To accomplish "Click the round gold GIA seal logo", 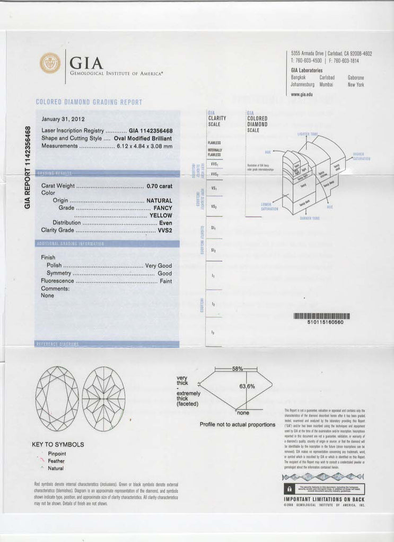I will (x=50, y=63).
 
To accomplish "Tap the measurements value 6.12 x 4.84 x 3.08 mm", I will (x=145, y=146).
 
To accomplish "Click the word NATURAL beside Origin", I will (x=159, y=201).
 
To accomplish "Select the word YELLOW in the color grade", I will (x=161, y=215).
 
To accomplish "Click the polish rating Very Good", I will (x=159, y=265).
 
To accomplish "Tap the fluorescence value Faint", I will (x=165, y=281).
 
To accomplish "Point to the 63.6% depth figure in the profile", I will (x=247, y=386).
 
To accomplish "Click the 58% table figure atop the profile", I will (x=237, y=368).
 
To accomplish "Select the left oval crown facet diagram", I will (x=57, y=398).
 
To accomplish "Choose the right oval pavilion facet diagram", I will (x=104, y=398).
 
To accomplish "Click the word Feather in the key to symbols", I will (x=56, y=461).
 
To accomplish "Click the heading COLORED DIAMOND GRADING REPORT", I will (x=89, y=102).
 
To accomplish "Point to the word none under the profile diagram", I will (x=243, y=412).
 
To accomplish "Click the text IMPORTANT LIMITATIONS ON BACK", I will (x=324, y=499).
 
